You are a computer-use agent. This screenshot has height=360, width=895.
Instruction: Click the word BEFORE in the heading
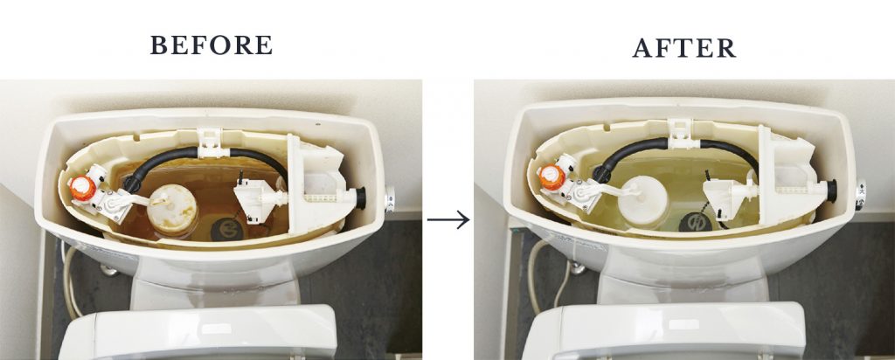pyautogui.click(x=212, y=45)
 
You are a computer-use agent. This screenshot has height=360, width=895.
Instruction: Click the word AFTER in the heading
pyautogui.click(x=683, y=48)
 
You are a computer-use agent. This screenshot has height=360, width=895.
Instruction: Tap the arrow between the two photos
pyautogui.click(x=448, y=219)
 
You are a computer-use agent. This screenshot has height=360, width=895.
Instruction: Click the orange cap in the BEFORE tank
pyautogui.click(x=83, y=187)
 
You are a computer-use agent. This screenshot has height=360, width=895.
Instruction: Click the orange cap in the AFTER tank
pyautogui.click(x=552, y=177)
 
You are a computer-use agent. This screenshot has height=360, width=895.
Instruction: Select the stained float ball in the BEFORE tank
pyautogui.click(x=172, y=210)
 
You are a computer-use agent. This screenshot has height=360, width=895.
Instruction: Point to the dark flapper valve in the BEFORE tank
pyautogui.click(x=227, y=229)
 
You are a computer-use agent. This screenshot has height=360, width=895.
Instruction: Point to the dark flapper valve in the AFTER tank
pyautogui.click(x=695, y=221)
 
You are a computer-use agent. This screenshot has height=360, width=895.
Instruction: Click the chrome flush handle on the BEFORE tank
pyautogui.click(x=390, y=199)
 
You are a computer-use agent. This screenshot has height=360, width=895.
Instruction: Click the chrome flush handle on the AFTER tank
pyautogui.click(x=860, y=195)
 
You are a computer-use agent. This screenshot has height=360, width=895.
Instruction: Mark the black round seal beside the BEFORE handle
pyautogui.click(x=361, y=197)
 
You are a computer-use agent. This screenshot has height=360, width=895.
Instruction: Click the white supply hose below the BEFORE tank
pyautogui.click(x=70, y=282)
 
